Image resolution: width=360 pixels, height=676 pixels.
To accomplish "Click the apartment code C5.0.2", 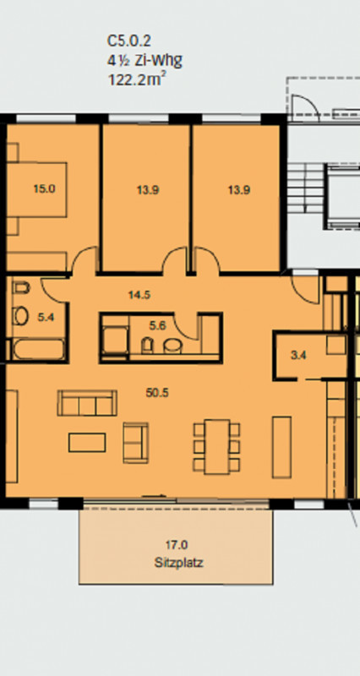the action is tap(129, 41).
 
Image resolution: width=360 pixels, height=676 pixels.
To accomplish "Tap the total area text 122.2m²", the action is tap(137, 79).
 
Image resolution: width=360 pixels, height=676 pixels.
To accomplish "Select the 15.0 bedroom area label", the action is tap(45, 188).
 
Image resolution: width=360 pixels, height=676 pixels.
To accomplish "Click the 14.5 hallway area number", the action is tap(139, 295).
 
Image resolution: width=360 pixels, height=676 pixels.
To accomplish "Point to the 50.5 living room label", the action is tap(157, 393).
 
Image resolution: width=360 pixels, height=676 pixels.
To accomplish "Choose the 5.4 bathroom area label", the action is tap(46, 318).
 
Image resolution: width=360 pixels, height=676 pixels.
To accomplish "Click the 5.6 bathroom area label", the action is tap(157, 326).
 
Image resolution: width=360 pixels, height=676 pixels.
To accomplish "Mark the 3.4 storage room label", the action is tap(299, 356).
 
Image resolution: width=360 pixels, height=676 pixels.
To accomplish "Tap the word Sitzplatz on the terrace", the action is tap(178, 563).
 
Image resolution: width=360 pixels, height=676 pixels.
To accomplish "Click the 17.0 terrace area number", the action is tap(177, 545).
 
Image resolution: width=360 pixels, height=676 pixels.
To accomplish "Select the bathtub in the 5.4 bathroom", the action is tap(39, 350).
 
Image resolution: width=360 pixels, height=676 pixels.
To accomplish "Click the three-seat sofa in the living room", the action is tap(87, 403).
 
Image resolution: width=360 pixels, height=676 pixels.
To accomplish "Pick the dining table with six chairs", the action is tap(217, 447).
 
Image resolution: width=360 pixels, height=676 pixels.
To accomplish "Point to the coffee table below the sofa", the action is tap(87, 443).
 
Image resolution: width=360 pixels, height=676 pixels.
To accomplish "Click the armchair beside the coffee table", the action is tap(136, 443).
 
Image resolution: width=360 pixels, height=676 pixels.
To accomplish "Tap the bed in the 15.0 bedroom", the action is tap(37, 189).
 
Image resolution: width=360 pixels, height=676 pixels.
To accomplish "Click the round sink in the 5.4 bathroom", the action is tap(20, 316).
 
